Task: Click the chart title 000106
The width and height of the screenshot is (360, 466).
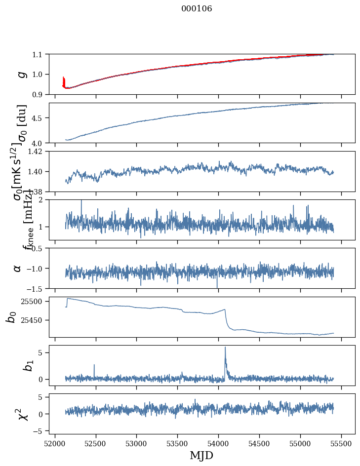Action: [197, 8]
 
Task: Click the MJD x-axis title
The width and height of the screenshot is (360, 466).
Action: [201, 455]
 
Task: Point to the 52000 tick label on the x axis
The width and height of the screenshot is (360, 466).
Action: [55, 442]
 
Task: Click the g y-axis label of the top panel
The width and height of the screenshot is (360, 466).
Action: [21, 74]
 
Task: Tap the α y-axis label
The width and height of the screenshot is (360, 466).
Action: [17, 268]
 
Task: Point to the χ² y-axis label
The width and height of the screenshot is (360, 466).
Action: [22, 414]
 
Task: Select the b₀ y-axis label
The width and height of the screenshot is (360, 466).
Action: [11, 317]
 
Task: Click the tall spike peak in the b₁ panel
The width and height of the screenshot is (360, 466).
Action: [225, 347]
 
